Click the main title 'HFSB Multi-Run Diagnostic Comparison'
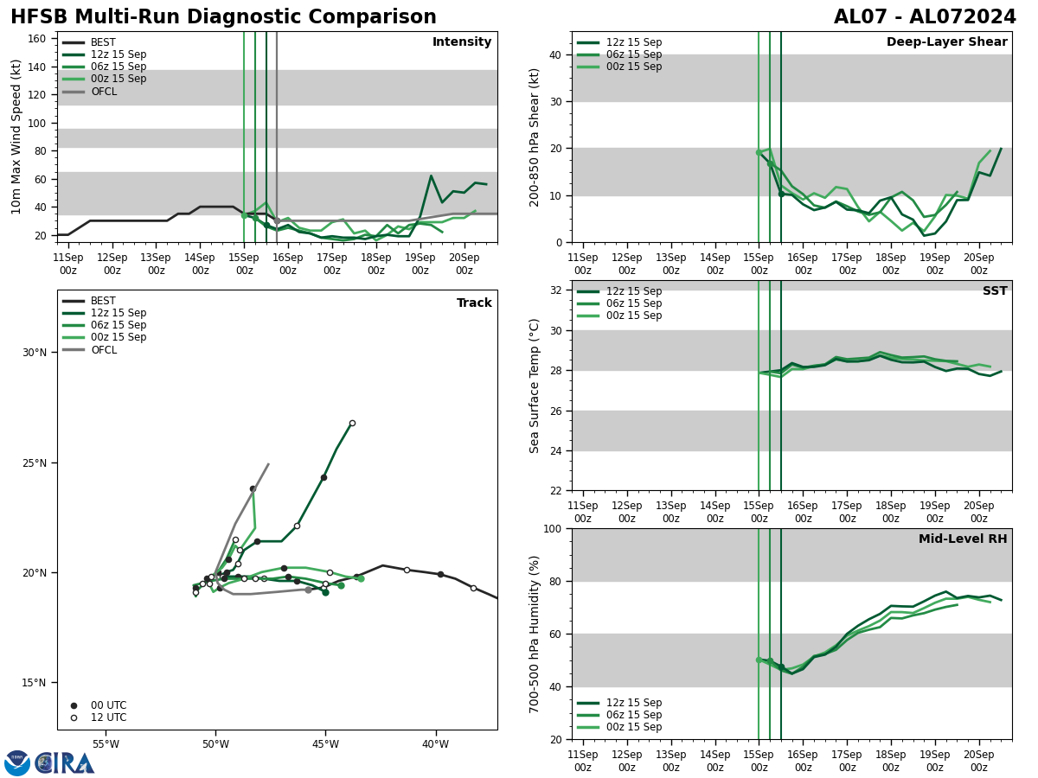coord(223,17)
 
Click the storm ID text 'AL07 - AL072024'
coord(925,17)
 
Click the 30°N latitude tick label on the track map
coord(35,353)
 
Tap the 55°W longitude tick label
coord(106,744)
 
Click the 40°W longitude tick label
coord(436,744)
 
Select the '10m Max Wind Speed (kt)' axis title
coord(16,137)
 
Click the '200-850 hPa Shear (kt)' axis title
coord(535,137)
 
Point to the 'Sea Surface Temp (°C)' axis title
coord(535,386)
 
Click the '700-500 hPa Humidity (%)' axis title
coord(535,634)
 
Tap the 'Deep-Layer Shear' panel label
coord(946,42)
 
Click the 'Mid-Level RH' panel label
coord(962,539)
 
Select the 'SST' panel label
coord(994,291)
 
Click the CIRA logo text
coord(65,763)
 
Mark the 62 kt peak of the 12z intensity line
coord(431,176)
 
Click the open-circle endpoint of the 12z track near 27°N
coord(352,423)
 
